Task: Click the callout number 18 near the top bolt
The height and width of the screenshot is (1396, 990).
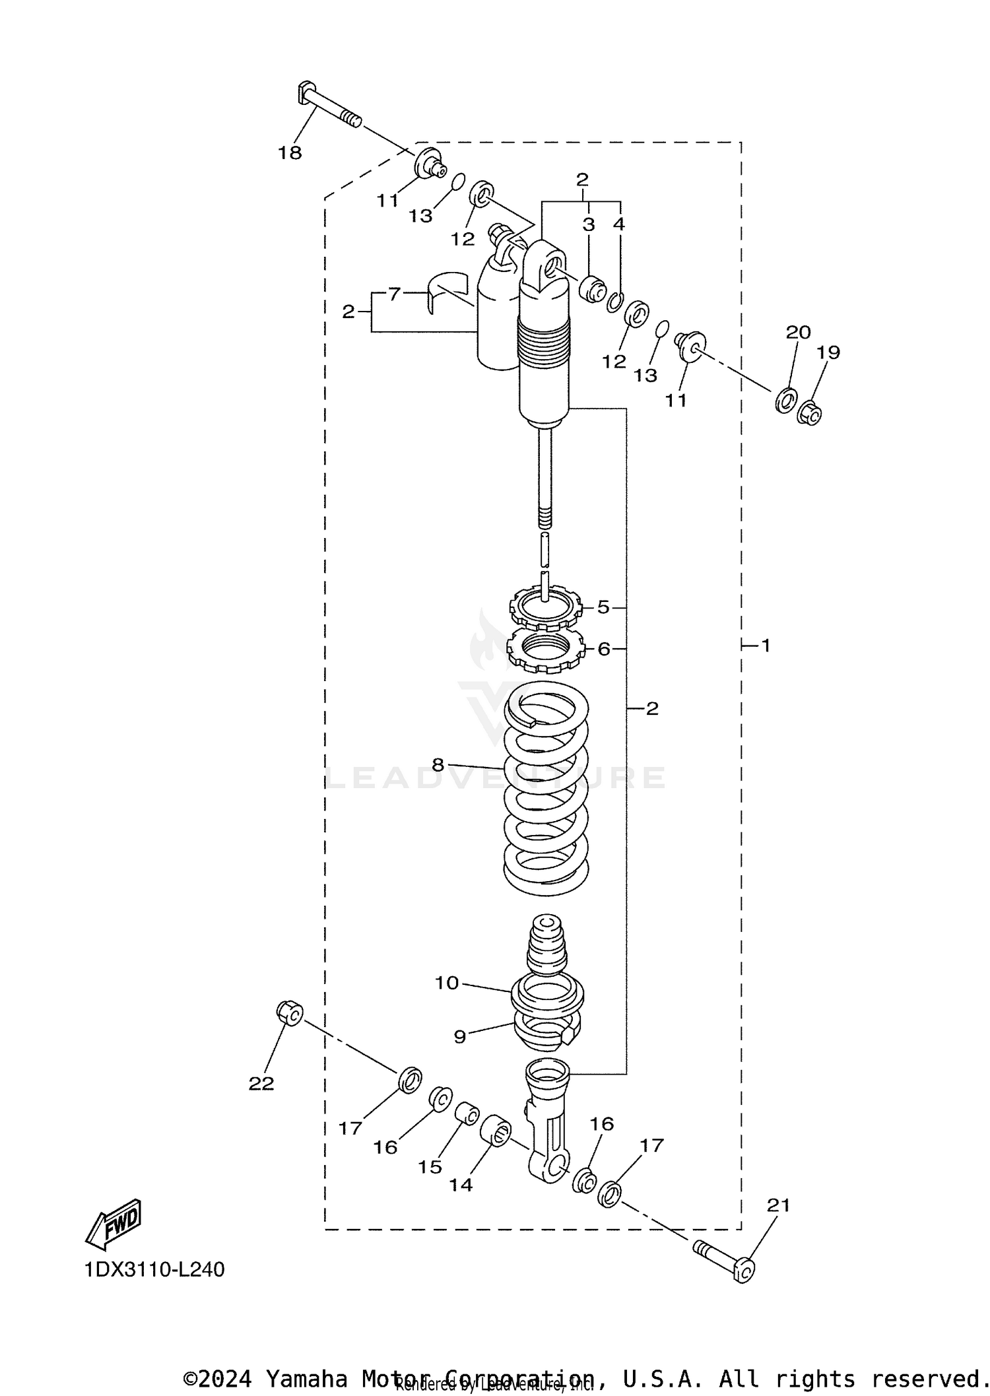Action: click(x=290, y=153)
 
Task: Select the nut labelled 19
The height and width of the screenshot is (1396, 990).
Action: click(x=810, y=415)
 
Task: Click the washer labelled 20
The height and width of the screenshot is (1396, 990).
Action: click(x=785, y=401)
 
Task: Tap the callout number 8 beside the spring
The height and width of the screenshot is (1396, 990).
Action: click(x=438, y=765)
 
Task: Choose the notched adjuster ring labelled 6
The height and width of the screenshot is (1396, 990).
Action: click(x=546, y=649)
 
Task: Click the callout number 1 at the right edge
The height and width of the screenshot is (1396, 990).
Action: click(x=766, y=646)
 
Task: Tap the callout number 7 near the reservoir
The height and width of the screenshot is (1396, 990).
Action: click(x=395, y=294)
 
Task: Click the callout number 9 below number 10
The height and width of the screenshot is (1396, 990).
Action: click(x=460, y=1037)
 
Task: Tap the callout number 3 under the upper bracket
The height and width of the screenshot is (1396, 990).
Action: click(x=589, y=224)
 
